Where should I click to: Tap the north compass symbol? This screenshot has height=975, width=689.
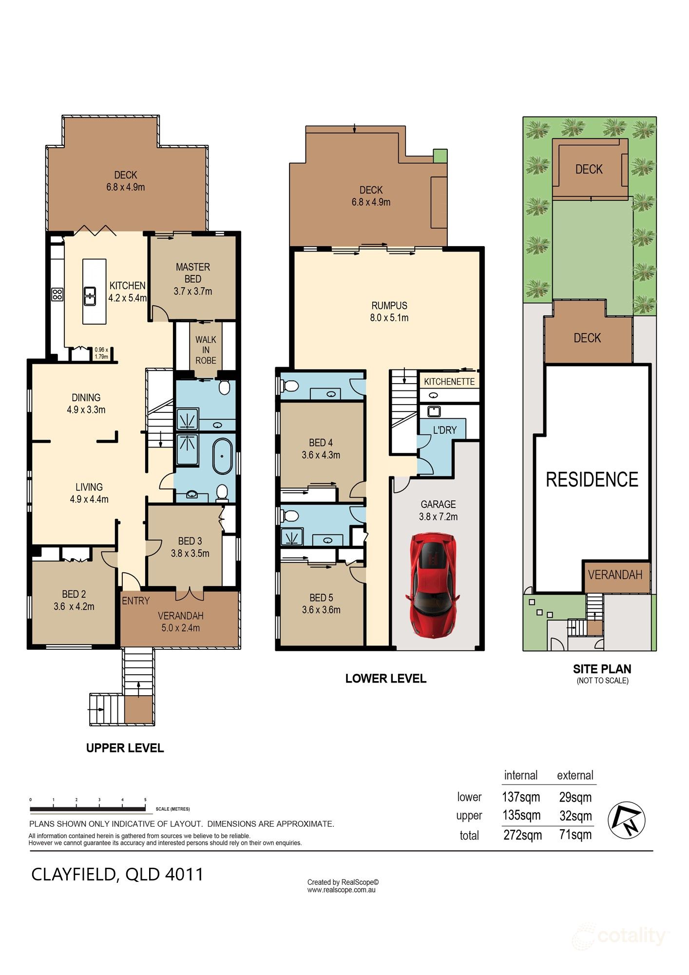(627, 819)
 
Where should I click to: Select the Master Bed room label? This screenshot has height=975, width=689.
(193, 279)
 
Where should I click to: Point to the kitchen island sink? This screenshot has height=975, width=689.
(90, 296)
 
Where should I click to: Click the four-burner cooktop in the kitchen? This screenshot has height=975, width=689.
(57, 294)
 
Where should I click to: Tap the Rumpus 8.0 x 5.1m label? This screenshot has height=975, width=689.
(389, 312)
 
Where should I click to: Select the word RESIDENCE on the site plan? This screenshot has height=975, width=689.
(592, 480)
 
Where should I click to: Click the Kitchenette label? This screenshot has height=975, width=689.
(449, 382)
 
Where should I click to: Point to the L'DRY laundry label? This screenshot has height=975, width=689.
(445, 430)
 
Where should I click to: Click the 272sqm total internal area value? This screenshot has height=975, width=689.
(522, 835)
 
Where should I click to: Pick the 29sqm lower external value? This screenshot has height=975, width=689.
(575, 797)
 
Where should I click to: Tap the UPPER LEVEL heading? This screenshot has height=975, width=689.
(125, 748)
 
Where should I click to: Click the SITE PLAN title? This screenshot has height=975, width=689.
(602, 669)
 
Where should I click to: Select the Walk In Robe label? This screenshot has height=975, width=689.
(206, 350)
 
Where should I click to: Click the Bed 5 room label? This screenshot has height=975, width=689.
(321, 604)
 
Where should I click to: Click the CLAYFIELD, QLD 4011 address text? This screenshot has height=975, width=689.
(117, 874)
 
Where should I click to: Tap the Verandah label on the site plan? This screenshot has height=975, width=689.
(615, 575)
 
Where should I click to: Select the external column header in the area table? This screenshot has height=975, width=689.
(575, 775)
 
